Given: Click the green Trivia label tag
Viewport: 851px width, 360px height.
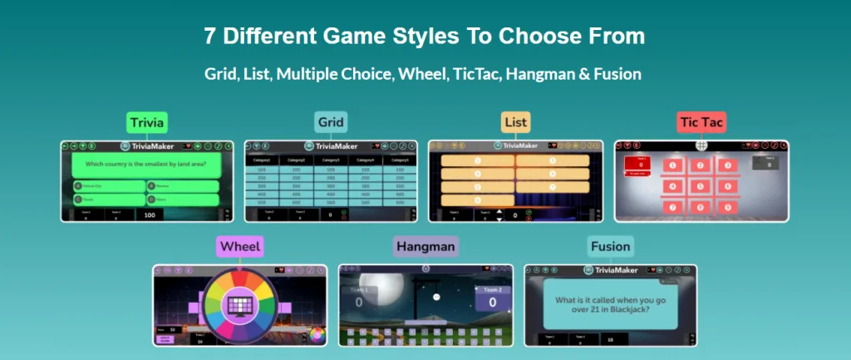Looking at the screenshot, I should pyautogui.click(x=146, y=123).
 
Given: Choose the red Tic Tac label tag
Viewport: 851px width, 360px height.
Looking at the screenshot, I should pyautogui.click(x=701, y=123).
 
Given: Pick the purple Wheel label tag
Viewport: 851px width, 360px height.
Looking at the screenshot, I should pyautogui.click(x=240, y=247).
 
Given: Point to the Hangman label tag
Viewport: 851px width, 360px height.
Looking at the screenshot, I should pyautogui.click(x=425, y=247).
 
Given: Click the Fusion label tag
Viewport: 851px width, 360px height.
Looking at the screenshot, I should pyautogui.click(x=610, y=247).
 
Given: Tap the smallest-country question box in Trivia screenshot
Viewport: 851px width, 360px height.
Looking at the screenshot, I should pyautogui.click(x=146, y=164).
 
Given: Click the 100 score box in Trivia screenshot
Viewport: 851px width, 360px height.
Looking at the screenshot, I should pyautogui.click(x=150, y=215).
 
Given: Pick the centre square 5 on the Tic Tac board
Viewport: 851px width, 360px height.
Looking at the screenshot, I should pyautogui.click(x=701, y=185).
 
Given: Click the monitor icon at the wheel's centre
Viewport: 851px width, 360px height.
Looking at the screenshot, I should pyautogui.click(x=239, y=303).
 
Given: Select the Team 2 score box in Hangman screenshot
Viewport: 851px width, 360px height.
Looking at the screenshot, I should pyautogui.click(x=492, y=298).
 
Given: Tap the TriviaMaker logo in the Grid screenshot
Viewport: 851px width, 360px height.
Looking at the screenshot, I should pyautogui.click(x=331, y=145).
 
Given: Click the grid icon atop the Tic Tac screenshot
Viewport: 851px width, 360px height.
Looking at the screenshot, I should pyautogui.click(x=701, y=144).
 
